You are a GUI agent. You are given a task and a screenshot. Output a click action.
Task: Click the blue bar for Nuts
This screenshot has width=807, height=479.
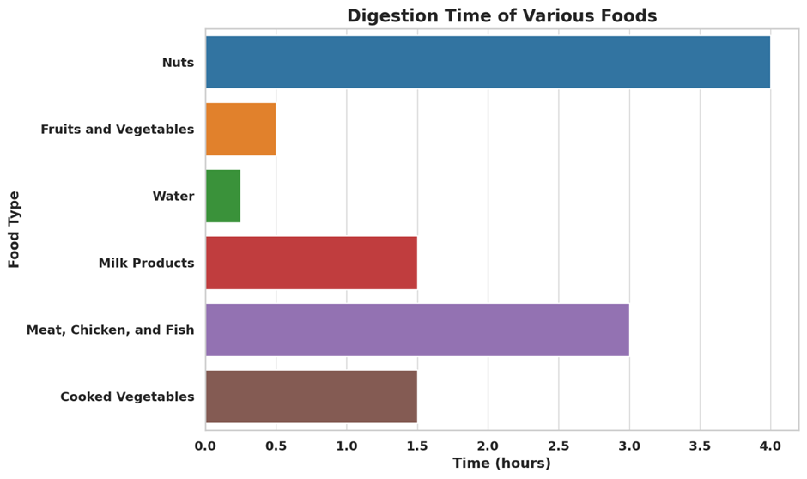[x=488, y=62]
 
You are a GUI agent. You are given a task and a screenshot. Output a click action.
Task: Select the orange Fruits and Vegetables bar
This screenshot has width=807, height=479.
[x=240, y=129]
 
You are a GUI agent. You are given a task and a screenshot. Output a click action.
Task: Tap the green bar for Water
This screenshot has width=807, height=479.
[x=223, y=196]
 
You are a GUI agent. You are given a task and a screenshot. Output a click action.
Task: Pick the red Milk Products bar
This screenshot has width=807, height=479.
[x=311, y=263]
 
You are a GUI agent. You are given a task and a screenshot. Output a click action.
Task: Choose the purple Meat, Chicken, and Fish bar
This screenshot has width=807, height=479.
[x=417, y=330]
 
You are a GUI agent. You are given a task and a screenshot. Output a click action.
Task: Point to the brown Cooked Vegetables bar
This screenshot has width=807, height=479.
[x=311, y=397]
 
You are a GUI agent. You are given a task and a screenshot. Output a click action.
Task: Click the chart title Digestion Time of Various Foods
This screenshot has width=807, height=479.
[x=501, y=16]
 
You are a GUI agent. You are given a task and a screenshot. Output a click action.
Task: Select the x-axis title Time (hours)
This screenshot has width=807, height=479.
[x=501, y=464]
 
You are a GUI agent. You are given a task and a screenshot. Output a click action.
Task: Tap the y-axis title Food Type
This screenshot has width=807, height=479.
[x=14, y=229]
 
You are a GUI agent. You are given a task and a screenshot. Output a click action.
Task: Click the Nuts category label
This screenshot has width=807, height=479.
[x=178, y=63]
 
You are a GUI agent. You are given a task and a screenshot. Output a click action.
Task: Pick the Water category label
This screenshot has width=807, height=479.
[x=173, y=197]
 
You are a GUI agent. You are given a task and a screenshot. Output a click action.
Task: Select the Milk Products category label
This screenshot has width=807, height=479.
[x=146, y=264]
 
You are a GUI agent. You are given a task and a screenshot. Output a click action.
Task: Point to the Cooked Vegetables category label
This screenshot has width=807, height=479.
[x=127, y=397]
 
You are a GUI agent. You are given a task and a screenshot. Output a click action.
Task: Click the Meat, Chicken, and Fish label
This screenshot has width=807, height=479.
[x=110, y=330]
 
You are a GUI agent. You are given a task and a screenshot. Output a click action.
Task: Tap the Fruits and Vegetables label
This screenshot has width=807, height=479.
[x=117, y=130]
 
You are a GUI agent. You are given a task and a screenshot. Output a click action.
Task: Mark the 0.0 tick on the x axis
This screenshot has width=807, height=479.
[x=205, y=446]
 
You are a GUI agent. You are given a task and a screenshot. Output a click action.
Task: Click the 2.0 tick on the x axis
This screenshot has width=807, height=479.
[x=488, y=446]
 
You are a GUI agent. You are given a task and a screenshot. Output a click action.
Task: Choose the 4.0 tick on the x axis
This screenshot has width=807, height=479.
[x=770, y=446]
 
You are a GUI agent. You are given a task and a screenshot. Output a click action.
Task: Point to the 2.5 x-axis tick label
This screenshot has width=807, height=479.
[x=558, y=446]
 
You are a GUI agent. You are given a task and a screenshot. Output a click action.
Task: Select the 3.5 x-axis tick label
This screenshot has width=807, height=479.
[x=700, y=446]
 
